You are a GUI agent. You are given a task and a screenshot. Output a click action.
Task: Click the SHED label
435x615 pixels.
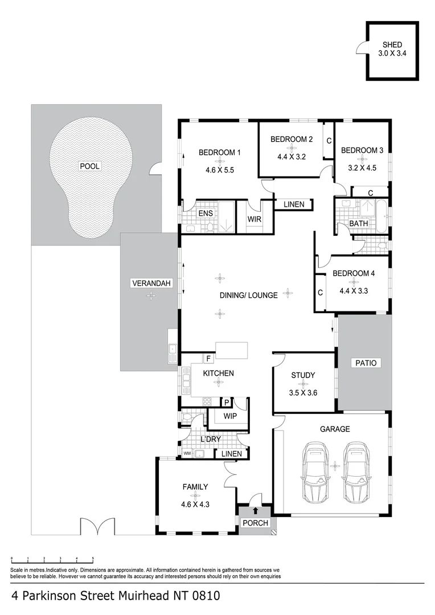pyautogui.click(x=392, y=44)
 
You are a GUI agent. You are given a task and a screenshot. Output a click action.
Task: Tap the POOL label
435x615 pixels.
pyautogui.click(x=89, y=166)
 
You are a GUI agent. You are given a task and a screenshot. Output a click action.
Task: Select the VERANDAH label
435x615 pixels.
pyautogui.click(x=151, y=283)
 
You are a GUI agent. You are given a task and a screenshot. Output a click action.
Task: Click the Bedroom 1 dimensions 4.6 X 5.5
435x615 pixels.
pyautogui.click(x=220, y=169)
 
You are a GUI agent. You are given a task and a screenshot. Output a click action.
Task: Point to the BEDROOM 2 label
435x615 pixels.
pyautogui.click(x=292, y=139)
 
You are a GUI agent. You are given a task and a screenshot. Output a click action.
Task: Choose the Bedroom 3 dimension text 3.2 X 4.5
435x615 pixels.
pyautogui.click(x=363, y=167)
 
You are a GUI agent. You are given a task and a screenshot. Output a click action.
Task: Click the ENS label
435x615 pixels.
pyautogui.click(x=206, y=214)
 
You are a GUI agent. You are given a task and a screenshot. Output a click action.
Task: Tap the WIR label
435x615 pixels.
pyautogui.click(x=254, y=219)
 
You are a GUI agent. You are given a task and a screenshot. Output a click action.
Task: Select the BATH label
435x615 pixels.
pyautogui.click(x=359, y=224)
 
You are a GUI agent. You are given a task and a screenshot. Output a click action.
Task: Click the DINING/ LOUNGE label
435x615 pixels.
pyautogui.click(x=249, y=295)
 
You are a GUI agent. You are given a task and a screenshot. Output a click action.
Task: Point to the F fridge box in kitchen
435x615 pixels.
pyautogui.click(x=209, y=359)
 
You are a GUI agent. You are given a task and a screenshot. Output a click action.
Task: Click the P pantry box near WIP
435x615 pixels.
pyautogui.click(x=225, y=402)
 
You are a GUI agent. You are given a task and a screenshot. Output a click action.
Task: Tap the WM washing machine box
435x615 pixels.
pyautogui.click(x=187, y=454)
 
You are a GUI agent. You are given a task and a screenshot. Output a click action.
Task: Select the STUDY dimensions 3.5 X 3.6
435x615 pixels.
pyautogui.click(x=302, y=392)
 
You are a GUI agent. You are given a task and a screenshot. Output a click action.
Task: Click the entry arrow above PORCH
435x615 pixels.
pyautogui.click(x=256, y=511)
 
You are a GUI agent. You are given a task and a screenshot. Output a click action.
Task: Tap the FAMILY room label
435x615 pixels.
pyautogui.click(x=195, y=487)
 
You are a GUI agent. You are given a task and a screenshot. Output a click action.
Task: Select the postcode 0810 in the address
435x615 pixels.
pyautogui.click(x=204, y=596)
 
